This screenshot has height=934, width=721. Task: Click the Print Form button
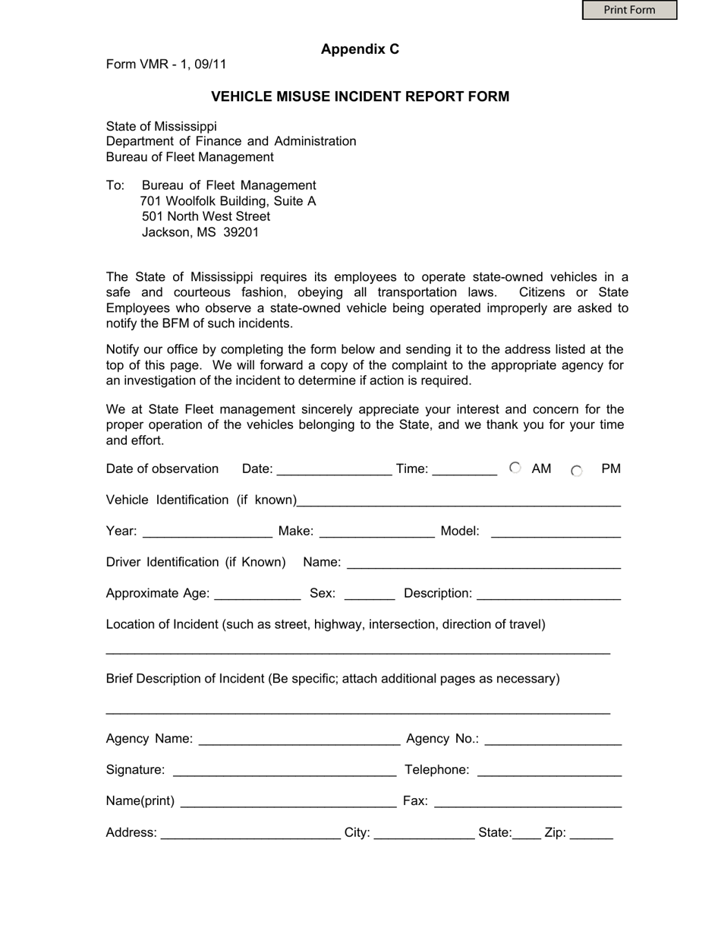point(629,10)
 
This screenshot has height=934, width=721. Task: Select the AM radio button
point(515,468)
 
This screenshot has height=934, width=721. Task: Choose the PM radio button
point(577,471)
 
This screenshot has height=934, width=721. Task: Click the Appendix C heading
point(360,49)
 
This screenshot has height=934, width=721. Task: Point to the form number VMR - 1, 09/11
point(166,65)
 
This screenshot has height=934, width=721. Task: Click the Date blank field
point(335,469)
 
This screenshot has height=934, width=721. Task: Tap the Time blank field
point(464,469)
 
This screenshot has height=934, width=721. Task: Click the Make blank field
point(377,532)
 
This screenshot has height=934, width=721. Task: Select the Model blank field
point(556,532)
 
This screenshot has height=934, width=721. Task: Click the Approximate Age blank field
point(258,594)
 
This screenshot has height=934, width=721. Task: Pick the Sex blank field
point(370,594)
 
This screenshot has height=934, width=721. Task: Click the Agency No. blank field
point(553,740)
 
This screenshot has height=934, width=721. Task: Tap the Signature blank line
point(285,771)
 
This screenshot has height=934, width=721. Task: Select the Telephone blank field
point(550,771)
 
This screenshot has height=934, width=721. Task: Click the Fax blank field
point(528,802)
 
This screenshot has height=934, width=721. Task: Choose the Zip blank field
point(591,833)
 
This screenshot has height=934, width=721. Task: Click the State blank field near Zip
point(527,833)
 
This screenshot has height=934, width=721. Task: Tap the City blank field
point(424,833)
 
